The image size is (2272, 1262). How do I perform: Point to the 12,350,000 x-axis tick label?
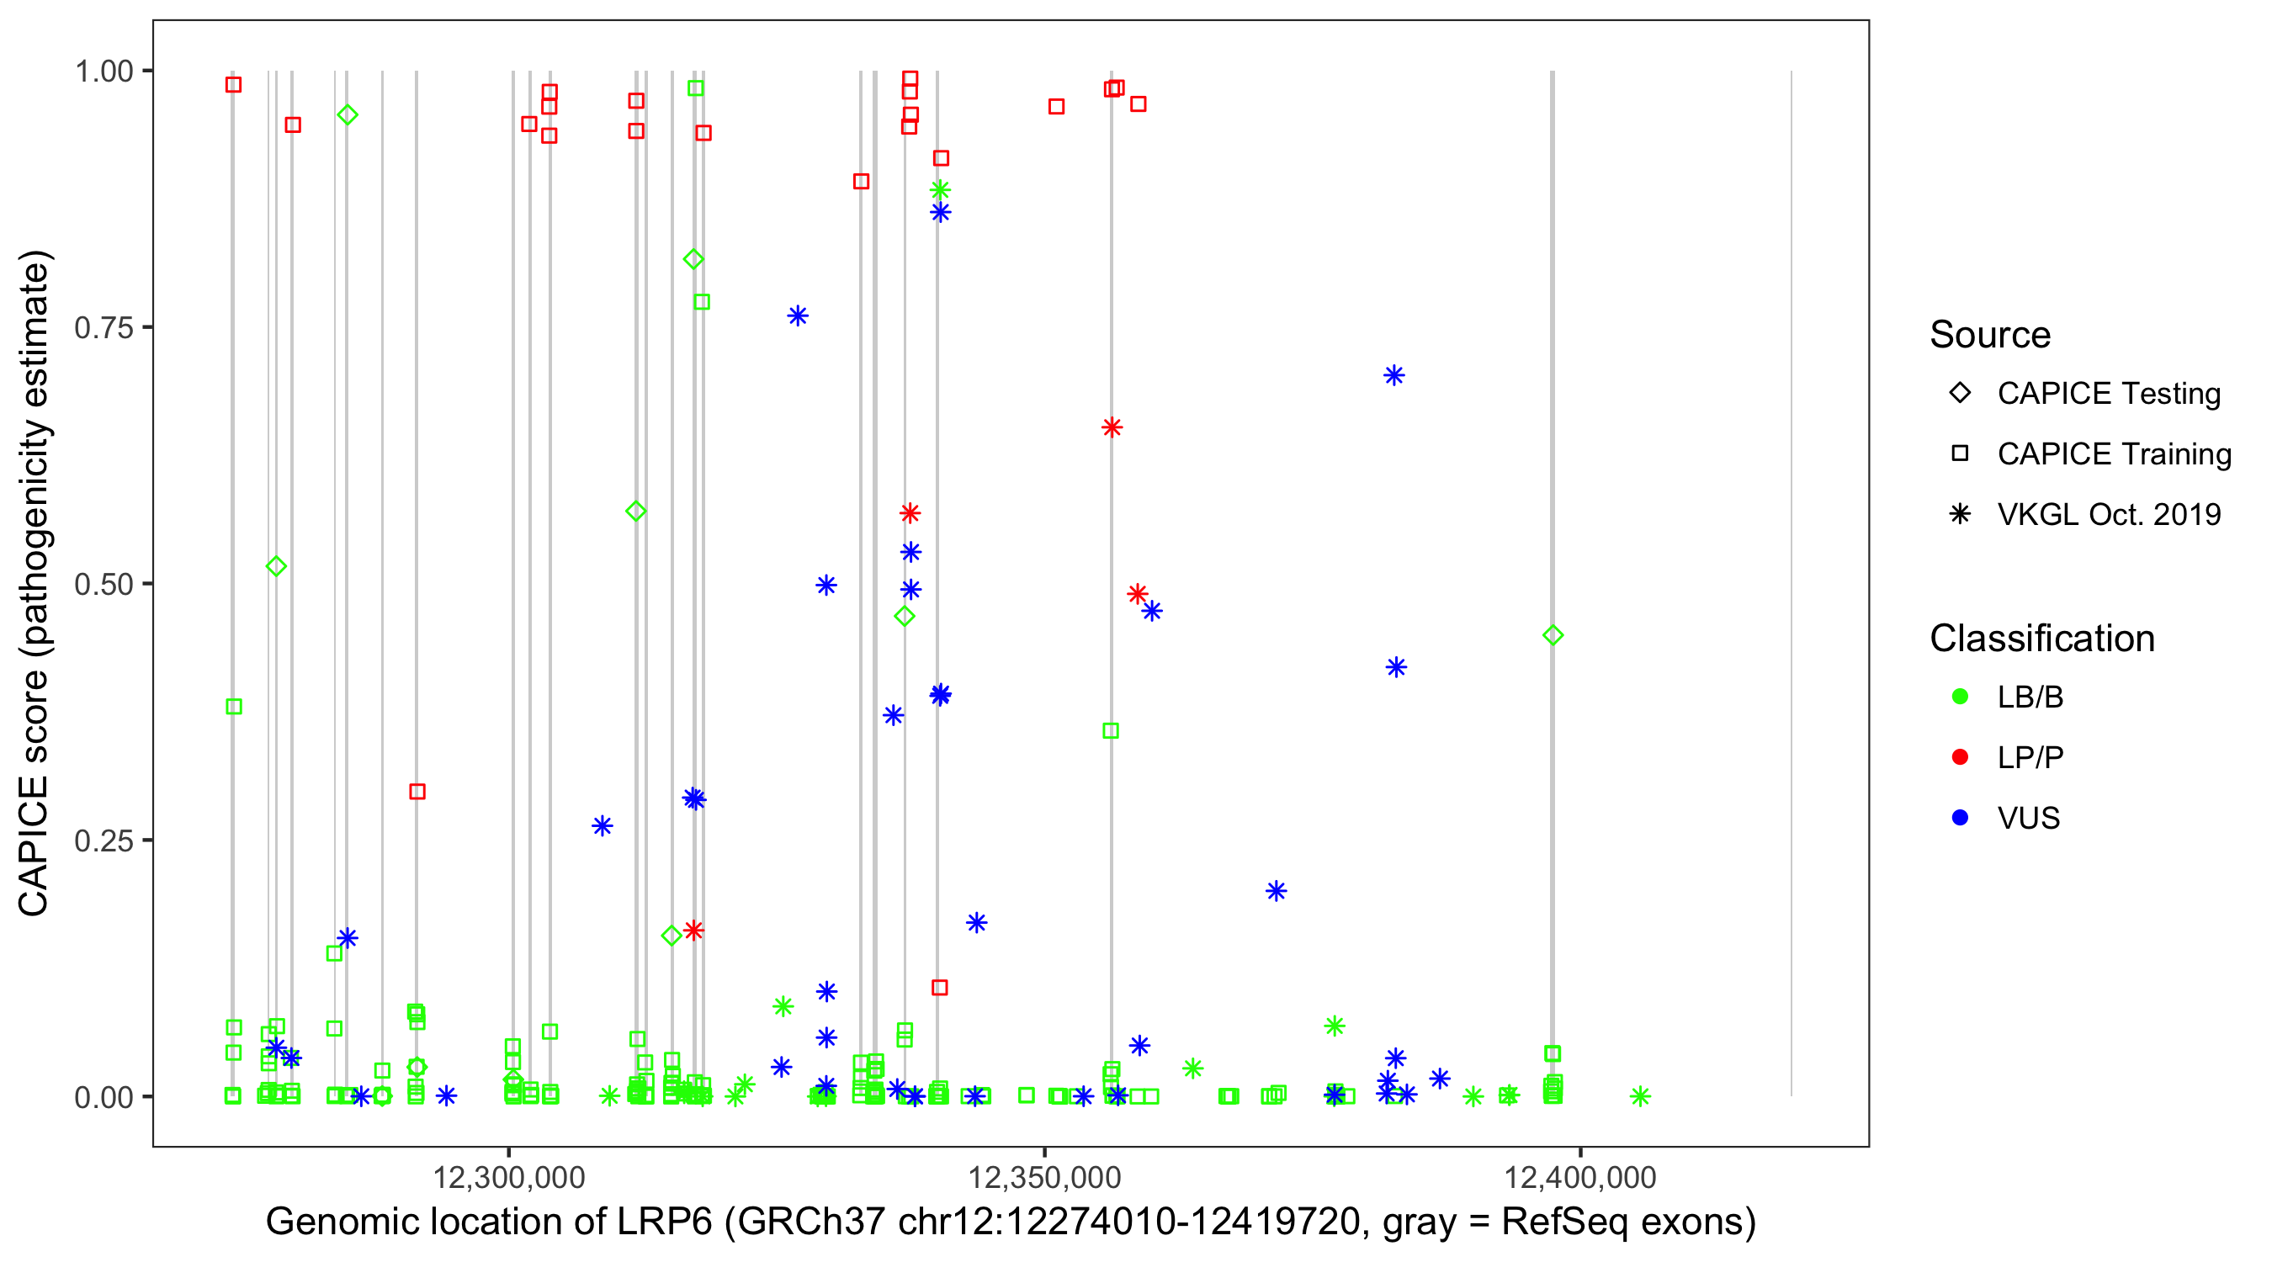click(x=1044, y=1177)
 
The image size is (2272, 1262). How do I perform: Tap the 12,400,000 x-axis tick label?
click(x=1579, y=1177)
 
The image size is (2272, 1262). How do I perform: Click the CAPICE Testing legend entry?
click(x=2108, y=394)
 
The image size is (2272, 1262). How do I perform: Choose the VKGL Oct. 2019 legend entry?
click(x=2108, y=514)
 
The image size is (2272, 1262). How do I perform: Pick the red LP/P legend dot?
click(x=1960, y=757)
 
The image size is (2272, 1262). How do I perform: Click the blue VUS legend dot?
click(x=1960, y=818)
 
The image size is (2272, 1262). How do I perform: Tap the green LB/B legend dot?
click(x=1960, y=697)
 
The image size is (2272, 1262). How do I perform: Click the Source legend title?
click(x=1990, y=335)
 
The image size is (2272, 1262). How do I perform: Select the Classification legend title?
click(x=2041, y=639)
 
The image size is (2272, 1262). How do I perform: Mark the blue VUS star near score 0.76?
click(x=798, y=315)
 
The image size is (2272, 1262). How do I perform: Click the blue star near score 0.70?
click(x=1393, y=376)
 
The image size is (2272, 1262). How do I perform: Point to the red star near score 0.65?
click(x=1112, y=427)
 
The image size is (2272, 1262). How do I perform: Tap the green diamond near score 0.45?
click(x=1553, y=635)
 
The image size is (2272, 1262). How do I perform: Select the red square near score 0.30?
click(x=417, y=791)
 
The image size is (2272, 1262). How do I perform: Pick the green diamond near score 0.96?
click(x=348, y=114)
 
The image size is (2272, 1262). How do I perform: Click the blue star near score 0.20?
click(x=1277, y=891)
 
